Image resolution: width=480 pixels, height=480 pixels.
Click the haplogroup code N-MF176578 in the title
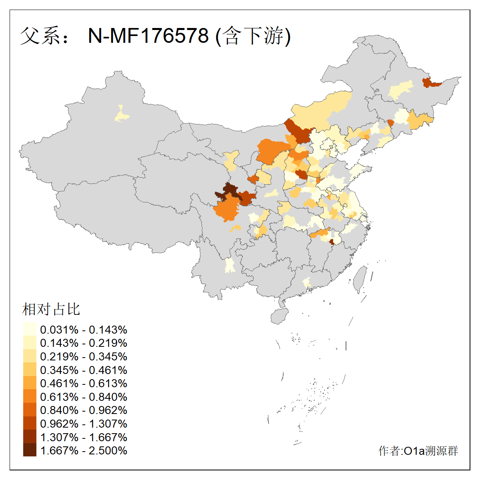click(x=148, y=36)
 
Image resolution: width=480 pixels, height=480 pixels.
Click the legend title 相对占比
click(x=51, y=309)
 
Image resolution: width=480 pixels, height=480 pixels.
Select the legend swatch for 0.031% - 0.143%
click(x=30, y=330)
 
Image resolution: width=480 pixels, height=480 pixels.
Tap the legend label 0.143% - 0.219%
click(x=84, y=343)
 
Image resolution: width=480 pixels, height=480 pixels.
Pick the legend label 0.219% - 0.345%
click(x=84, y=356)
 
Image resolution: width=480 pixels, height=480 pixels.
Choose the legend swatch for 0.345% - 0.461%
click(x=30, y=370)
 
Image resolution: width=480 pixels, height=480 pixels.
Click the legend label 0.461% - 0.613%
click(x=84, y=383)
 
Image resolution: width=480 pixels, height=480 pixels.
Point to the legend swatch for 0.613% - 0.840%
click(x=30, y=397)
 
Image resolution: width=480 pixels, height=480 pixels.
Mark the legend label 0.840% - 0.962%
click(x=84, y=410)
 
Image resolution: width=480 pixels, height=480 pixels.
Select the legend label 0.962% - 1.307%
click(x=84, y=424)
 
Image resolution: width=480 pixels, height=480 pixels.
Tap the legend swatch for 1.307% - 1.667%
click(x=30, y=437)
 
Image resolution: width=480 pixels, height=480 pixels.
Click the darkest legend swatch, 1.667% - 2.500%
click(x=30, y=450)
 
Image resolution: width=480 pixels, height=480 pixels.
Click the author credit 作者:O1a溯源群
click(x=418, y=451)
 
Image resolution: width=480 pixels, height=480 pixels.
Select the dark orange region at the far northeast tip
click(x=430, y=83)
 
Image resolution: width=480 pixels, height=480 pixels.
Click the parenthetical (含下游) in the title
click(x=253, y=36)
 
